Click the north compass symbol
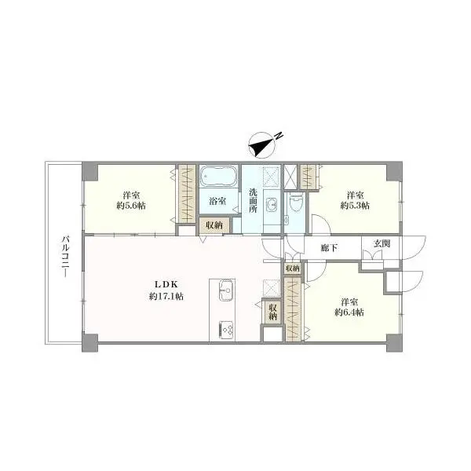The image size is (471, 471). coord(263,144)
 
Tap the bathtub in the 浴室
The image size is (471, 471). coord(219,176)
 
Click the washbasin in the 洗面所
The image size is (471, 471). coord(273,205)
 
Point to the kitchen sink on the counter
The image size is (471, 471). coord(225,290)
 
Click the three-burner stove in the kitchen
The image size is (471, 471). coord(227,330)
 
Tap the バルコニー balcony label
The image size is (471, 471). coord(66,257)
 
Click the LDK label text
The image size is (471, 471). coord(166,284)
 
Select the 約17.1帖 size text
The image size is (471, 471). coord(166,297)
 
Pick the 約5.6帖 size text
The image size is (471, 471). coord(131,206)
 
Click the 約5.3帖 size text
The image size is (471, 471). coord(355,206)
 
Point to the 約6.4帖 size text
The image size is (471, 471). coord(349,312)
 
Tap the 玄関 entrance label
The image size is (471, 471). coord(382,243)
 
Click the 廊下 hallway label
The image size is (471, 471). coord(329,248)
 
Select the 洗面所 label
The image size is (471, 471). coord(253,200)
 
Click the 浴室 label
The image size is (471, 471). coord(217,201)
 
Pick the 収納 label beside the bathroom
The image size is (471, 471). coord(214,225)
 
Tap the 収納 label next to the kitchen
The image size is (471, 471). coord(272,312)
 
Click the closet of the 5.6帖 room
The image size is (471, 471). coord(187,194)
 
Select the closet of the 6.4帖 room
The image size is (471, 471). coord(294,310)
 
